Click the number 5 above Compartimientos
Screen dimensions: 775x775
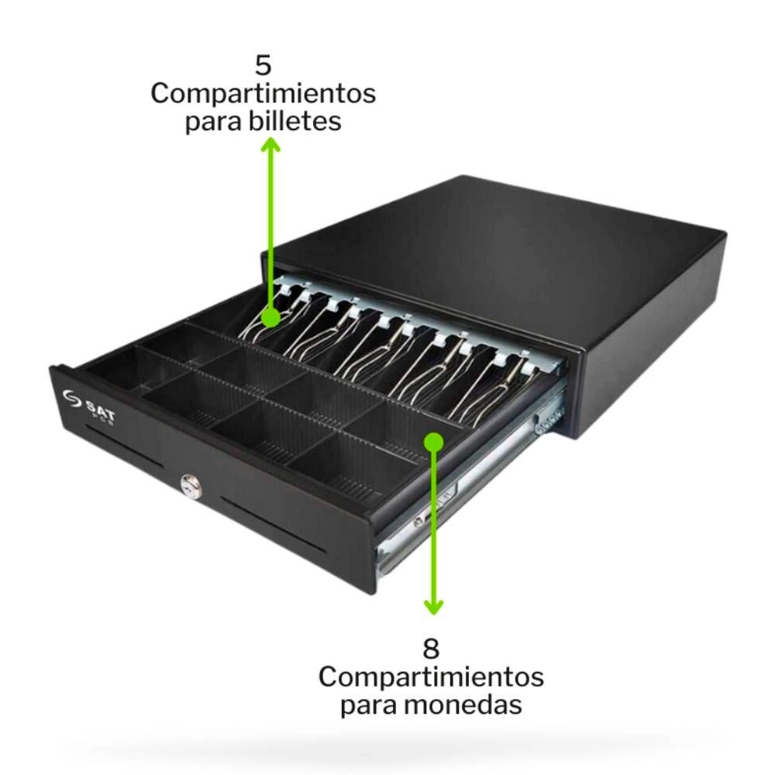[263, 64]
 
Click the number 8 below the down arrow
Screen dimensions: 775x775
[431, 648]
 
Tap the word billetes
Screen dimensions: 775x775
[294, 120]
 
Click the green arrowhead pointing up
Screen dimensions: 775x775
[270, 145]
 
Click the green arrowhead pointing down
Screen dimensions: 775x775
[433, 607]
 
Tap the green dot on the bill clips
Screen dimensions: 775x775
[270, 317]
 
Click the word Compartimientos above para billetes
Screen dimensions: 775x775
[263, 94]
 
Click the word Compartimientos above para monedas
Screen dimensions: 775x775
[431, 677]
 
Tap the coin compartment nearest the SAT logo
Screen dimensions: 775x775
[110, 368]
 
